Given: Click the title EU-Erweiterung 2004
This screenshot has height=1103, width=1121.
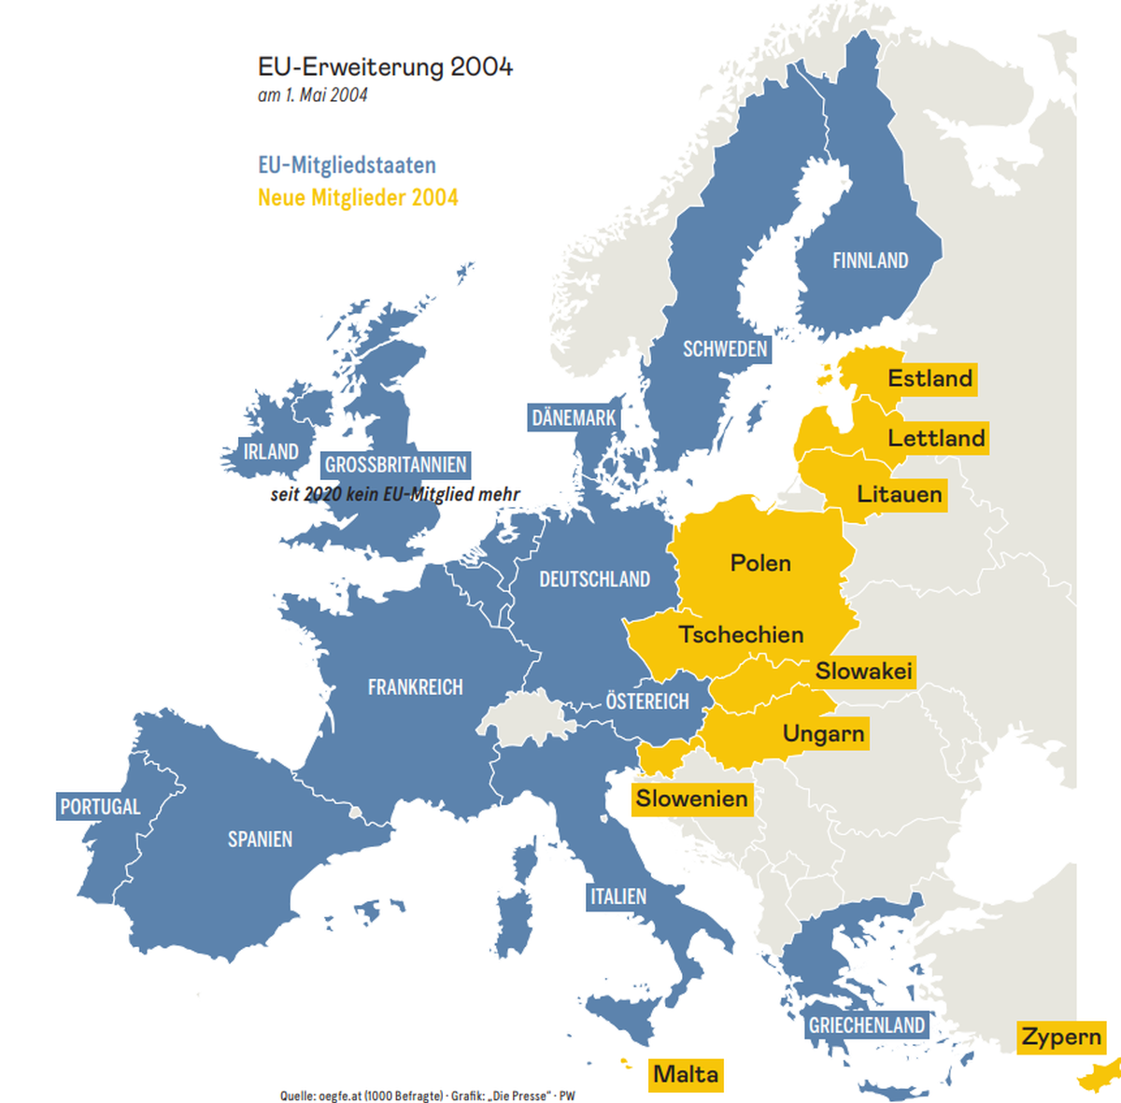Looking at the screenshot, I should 385,67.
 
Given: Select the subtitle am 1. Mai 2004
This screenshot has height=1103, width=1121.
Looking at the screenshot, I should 313,95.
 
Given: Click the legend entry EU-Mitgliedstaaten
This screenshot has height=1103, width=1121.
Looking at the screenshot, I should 347,165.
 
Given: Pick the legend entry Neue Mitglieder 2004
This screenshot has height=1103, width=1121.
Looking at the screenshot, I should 358,198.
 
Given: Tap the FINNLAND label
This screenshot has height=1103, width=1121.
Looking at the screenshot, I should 870,261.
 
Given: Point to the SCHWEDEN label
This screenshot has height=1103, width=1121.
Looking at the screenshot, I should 725,349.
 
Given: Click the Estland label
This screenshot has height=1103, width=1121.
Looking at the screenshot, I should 929,378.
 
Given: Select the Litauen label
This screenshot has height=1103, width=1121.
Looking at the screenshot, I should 899,494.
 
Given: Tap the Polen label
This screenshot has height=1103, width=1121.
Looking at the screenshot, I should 760,563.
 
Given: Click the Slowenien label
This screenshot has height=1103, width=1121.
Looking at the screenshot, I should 691,799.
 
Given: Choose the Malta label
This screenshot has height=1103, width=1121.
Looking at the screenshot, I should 686,1074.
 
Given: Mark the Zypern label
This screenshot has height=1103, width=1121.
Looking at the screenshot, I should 1060,1037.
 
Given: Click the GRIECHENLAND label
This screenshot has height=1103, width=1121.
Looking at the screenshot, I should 866,1025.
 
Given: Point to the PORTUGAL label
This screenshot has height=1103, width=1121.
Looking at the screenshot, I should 100,807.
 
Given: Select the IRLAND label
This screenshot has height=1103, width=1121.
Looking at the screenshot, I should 271,452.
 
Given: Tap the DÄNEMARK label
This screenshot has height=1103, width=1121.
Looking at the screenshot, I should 574,417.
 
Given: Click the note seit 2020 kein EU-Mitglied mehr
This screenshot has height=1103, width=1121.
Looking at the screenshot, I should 395,494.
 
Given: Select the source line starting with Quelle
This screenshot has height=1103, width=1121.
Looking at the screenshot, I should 427,1096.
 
